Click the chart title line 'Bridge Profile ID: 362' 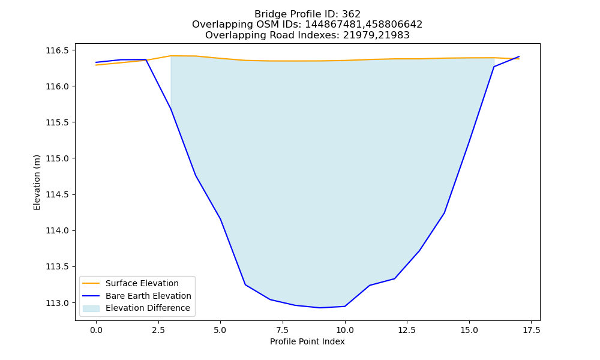point(307,14)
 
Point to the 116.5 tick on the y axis point(58,50)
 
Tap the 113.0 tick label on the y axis point(58,303)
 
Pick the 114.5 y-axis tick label point(58,195)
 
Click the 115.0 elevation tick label point(58,158)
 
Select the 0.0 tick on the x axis point(96,330)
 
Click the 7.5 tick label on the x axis point(283,330)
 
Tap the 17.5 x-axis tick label point(532,330)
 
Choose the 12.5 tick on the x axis point(407,330)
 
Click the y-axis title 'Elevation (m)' point(37,182)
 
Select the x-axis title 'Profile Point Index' point(307,341)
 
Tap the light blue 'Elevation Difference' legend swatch point(91,308)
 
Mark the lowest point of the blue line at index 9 point(320,308)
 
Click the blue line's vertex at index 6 point(245,284)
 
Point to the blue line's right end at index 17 point(519,56)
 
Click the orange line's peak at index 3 point(170,56)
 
